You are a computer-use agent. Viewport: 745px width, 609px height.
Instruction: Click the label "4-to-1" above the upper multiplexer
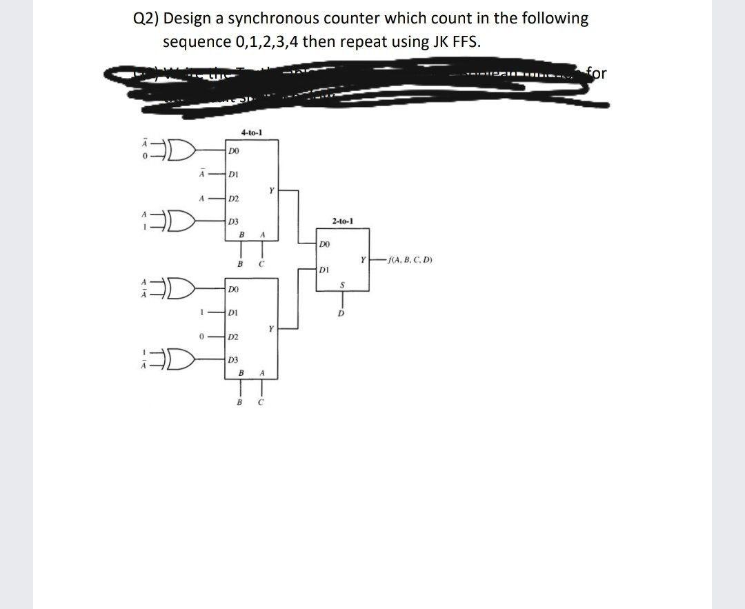[251, 132]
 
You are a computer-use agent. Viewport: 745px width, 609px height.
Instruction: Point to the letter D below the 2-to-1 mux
[340, 315]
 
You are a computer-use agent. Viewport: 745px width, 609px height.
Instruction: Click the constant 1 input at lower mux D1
[201, 312]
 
